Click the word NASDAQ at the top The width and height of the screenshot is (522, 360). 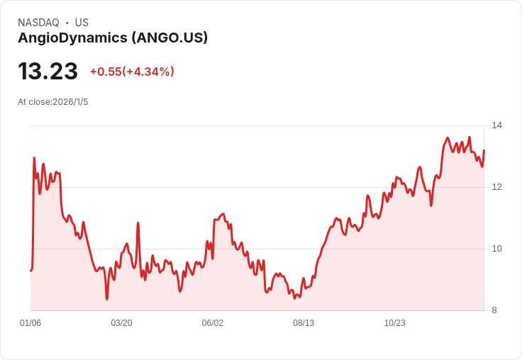pos(38,23)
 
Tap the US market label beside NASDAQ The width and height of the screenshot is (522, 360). pos(82,23)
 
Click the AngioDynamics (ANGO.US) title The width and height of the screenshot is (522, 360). pos(113,38)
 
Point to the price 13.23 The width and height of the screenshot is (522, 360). pos(48,72)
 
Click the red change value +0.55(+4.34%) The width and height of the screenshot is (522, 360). pos(132,72)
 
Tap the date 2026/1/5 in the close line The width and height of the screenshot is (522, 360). pos(70,102)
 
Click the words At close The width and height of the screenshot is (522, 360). pos(34,102)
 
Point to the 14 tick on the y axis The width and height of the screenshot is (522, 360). pos(496,125)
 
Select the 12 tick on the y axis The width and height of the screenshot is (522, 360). pos(496,187)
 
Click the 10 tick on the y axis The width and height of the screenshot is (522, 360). pos(496,249)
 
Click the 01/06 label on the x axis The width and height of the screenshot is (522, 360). pos(30,323)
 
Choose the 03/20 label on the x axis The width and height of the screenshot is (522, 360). pos(121,323)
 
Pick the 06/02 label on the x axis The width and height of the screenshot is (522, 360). pos(213,323)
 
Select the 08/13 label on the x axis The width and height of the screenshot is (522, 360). pos(304,323)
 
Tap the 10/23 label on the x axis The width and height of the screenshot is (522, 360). pos(394,323)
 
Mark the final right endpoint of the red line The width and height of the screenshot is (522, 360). pos(484,150)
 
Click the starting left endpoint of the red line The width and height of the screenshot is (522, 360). pos(30,271)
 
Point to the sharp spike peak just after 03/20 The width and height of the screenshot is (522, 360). pos(138,223)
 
